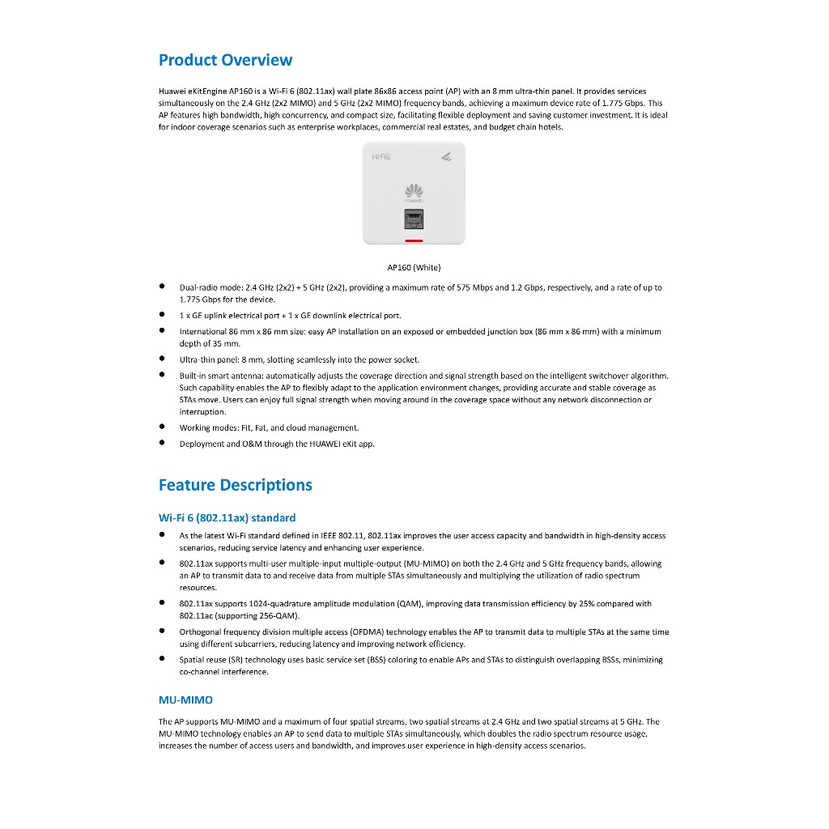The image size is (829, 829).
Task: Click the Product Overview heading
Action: click(225, 60)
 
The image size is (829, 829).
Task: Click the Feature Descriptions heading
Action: click(235, 485)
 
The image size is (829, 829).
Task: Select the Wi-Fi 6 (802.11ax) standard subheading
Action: click(227, 517)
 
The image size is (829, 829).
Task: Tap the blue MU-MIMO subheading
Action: click(185, 699)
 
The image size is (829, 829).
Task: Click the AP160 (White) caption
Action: click(414, 267)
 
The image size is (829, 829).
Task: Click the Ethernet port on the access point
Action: click(414, 219)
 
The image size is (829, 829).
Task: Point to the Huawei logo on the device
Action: click(414, 191)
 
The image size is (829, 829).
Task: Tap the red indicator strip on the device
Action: click(414, 240)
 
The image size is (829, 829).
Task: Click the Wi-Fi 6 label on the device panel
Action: click(380, 156)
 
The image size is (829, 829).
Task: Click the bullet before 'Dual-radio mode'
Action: click(163, 287)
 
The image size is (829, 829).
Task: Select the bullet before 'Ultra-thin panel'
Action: click(163, 359)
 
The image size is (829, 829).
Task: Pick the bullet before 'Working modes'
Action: click(163, 427)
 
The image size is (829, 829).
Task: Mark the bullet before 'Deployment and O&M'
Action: click(163, 443)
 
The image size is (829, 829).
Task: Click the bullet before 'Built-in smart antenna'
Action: click(163, 375)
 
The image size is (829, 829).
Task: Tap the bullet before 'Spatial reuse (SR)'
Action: click(163, 659)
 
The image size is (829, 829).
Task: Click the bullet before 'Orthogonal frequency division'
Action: click(163, 631)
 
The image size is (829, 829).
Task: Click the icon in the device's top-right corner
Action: click(446, 156)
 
